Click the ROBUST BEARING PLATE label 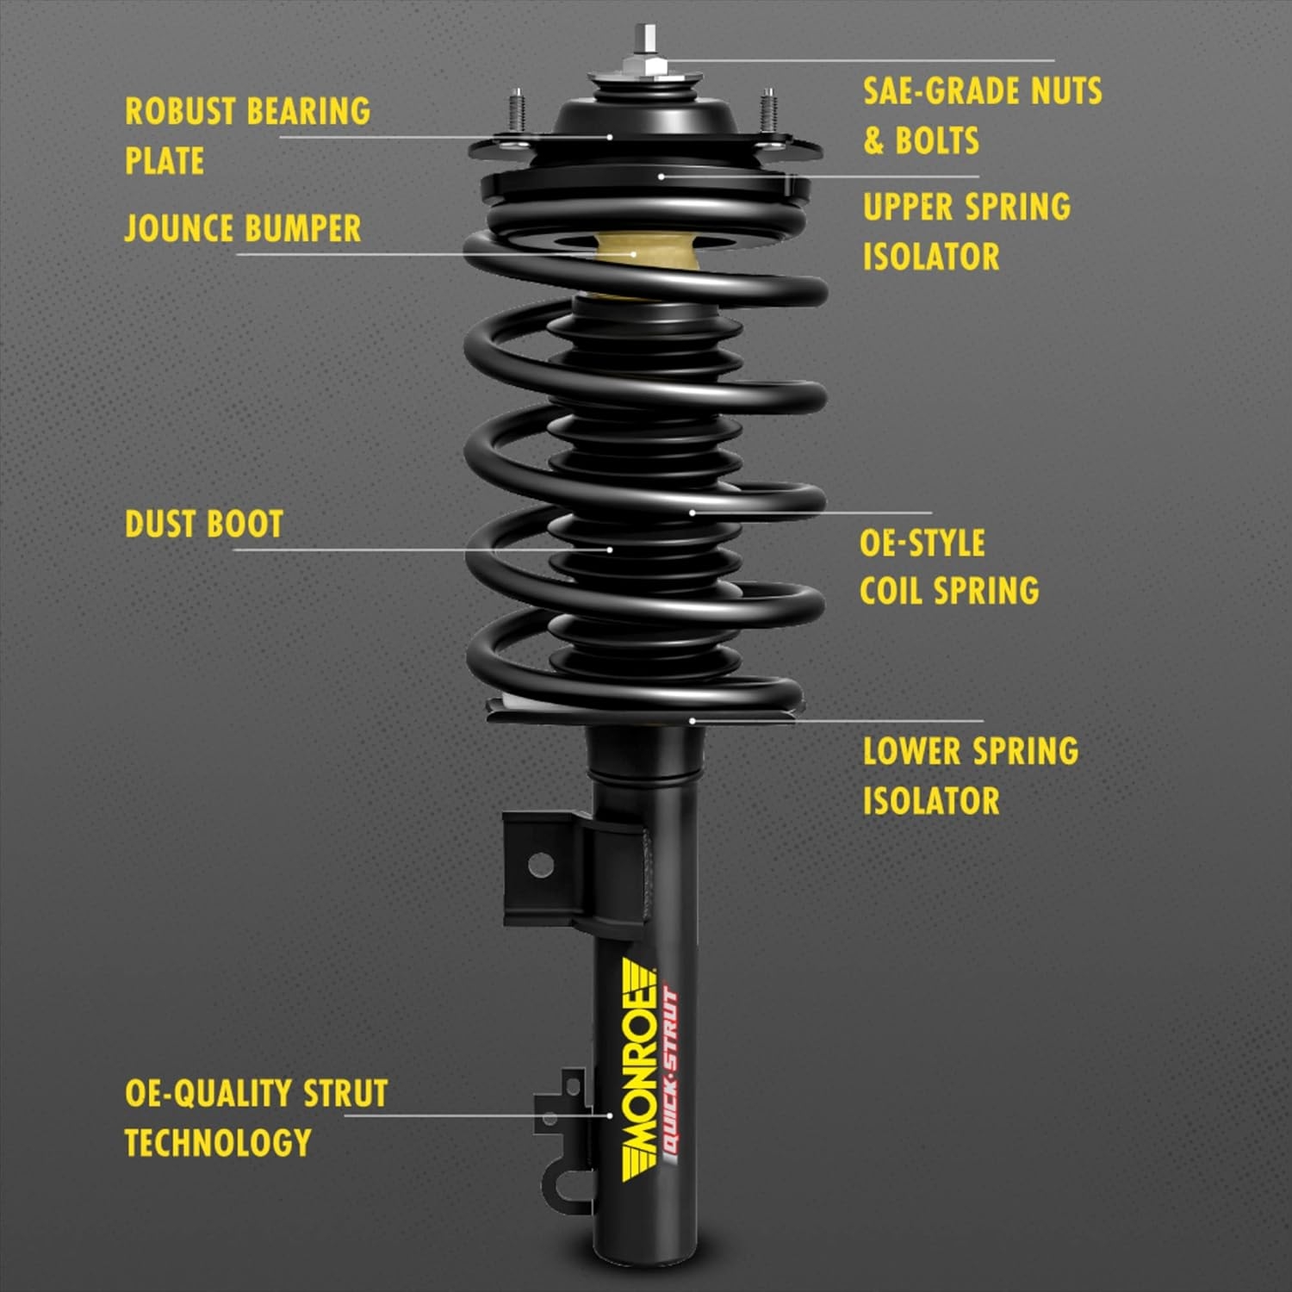[247, 135]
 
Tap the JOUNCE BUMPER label [242, 228]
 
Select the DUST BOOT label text [203, 524]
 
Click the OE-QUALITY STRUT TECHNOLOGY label [256, 1117]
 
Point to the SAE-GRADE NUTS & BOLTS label [982, 115]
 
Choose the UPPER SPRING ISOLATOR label [966, 231]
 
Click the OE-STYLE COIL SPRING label [948, 567]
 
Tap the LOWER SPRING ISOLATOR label [970, 775]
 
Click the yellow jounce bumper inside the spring [636, 258]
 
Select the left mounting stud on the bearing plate [517, 112]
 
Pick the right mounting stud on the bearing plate [767, 110]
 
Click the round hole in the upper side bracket [540, 863]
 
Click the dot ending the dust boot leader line [610, 549]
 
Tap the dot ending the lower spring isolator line [692, 720]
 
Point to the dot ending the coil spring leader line [693, 512]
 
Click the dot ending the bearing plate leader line [610, 136]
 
